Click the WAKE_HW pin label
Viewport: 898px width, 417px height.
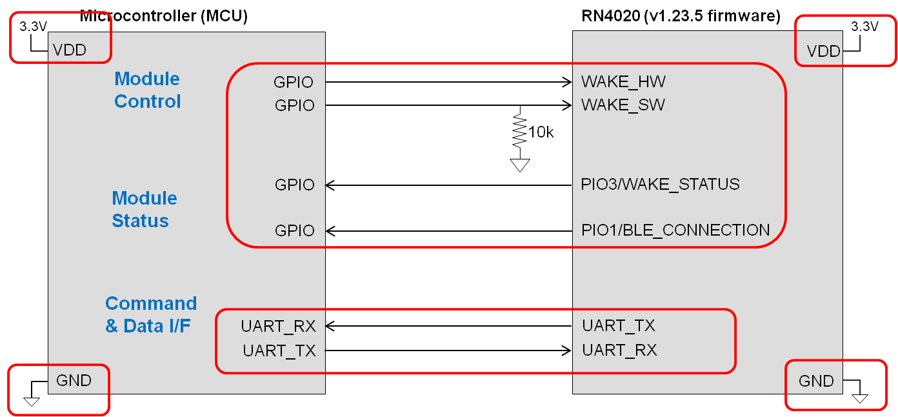(x=623, y=82)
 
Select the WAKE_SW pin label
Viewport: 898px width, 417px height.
(x=623, y=105)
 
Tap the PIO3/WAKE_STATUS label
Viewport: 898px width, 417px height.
(x=660, y=185)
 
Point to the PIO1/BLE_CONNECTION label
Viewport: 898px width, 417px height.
(x=675, y=230)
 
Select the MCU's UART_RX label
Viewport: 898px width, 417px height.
(x=278, y=326)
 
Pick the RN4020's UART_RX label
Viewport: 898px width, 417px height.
(x=619, y=351)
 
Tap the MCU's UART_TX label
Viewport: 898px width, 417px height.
(x=279, y=351)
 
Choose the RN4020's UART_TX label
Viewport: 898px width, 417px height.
(x=618, y=326)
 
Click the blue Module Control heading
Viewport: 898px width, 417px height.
(x=147, y=90)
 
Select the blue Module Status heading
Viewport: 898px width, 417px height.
(x=144, y=209)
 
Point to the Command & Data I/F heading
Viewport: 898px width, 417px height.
(x=150, y=314)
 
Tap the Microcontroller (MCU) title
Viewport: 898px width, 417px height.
(x=163, y=16)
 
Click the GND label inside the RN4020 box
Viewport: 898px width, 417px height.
(x=816, y=381)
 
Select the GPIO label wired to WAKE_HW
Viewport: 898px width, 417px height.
(x=294, y=83)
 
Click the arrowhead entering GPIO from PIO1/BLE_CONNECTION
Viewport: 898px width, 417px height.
(x=330, y=230)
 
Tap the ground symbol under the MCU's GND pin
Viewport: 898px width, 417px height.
(x=31, y=402)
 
